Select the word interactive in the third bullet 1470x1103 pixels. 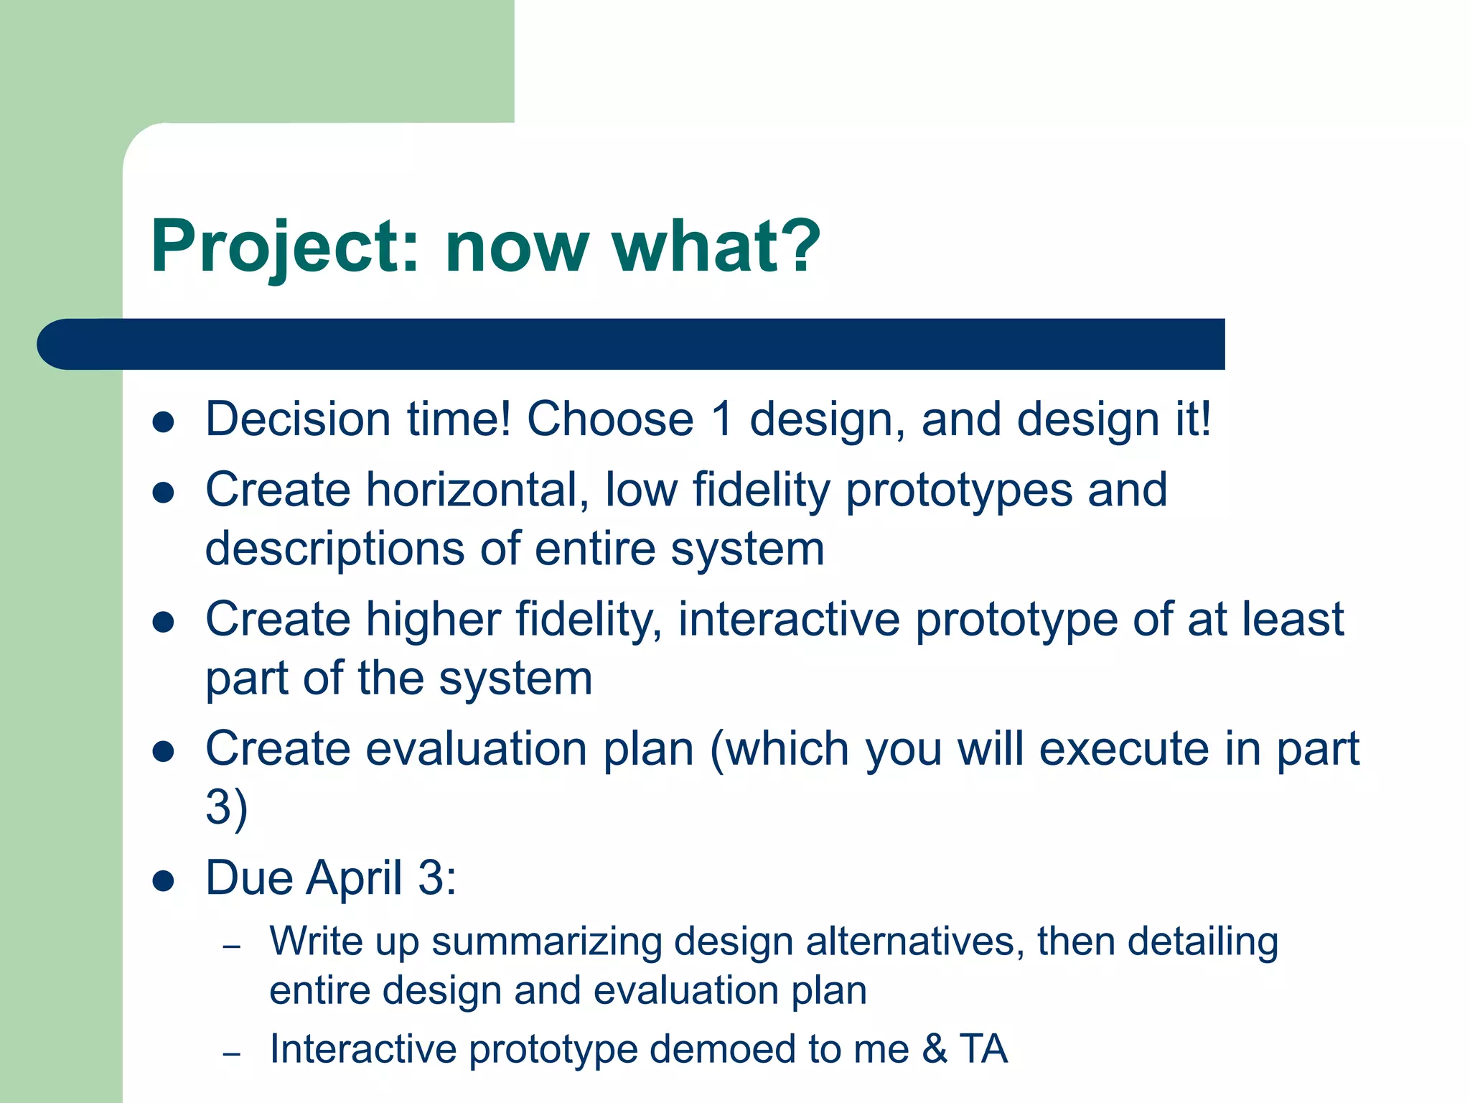pyautogui.click(x=789, y=620)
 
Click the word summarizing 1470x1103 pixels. pyautogui.click(x=546, y=941)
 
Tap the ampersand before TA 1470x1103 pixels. pyautogui.click(x=935, y=1049)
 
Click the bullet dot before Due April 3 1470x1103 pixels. pyautogui.click(x=164, y=881)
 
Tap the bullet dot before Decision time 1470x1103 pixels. pyautogui.click(x=164, y=422)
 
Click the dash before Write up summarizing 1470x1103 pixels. pyautogui.click(x=231, y=947)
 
